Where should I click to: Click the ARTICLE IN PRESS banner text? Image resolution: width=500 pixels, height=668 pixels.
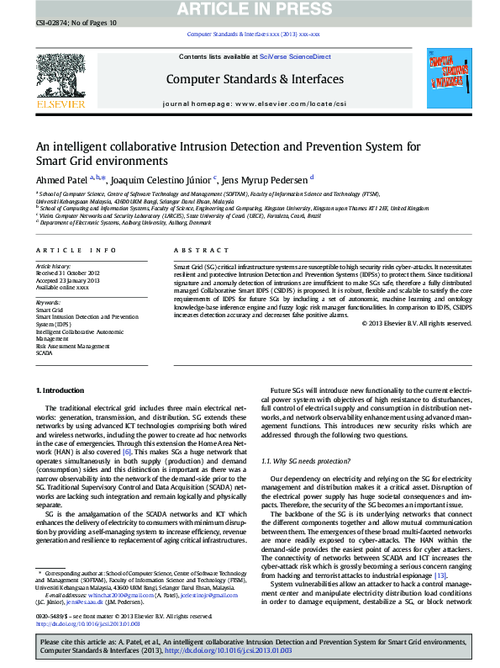click(x=251, y=10)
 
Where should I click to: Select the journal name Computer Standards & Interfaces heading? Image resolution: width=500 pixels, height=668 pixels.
click(x=254, y=79)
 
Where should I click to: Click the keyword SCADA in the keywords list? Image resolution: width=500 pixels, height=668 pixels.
click(x=44, y=353)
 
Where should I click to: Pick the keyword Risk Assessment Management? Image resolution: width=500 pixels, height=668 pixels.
click(x=72, y=347)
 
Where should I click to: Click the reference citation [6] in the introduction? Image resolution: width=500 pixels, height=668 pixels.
click(x=127, y=452)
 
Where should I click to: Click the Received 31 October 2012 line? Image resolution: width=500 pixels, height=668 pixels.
click(x=67, y=273)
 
